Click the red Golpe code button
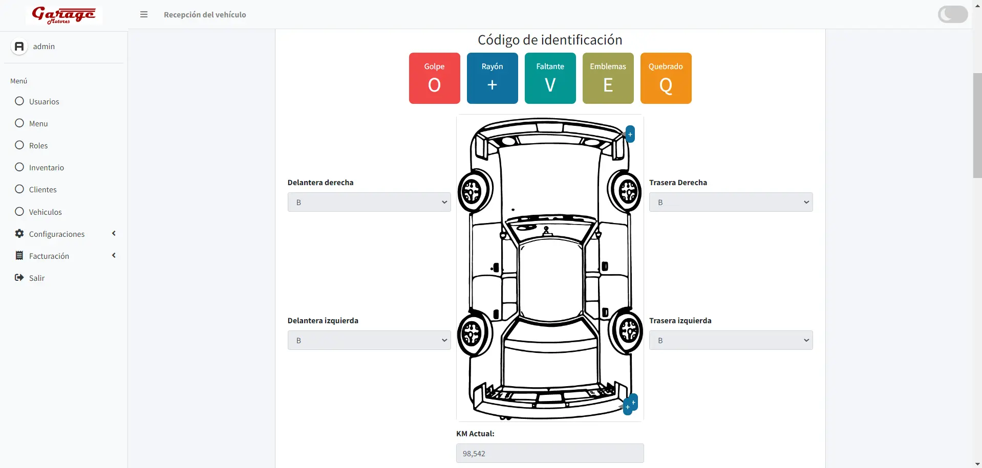pyautogui.click(x=434, y=78)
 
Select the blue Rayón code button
pyautogui.click(x=492, y=78)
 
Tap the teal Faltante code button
pyautogui.click(x=550, y=78)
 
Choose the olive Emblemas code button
pyautogui.click(x=608, y=78)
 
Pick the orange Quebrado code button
pyautogui.click(x=666, y=78)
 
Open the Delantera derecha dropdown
pyautogui.click(x=369, y=202)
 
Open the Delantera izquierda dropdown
pyautogui.click(x=369, y=340)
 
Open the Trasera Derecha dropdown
pyautogui.click(x=731, y=202)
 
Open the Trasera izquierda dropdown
pyautogui.click(x=731, y=340)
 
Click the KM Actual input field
pyautogui.click(x=550, y=453)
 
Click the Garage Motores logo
pyautogui.click(x=64, y=15)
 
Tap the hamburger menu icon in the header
pyautogui.click(x=144, y=15)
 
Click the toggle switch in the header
pyautogui.click(x=952, y=14)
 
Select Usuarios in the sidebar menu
pyautogui.click(x=44, y=101)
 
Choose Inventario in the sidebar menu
pyautogui.click(x=46, y=167)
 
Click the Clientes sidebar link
pyautogui.click(x=42, y=189)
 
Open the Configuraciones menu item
pyautogui.click(x=56, y=234)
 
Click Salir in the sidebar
pyautogui.click(x=36, y=278)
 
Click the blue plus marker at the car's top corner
pyautogui.click(x=630, y=134)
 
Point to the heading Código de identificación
pyautogui.click(x=550, y=40)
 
